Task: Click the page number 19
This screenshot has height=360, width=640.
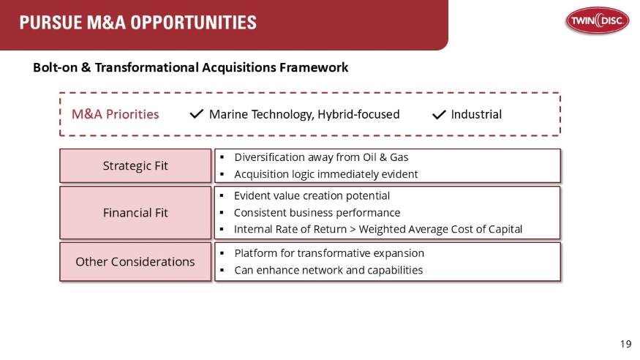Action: pos(625,344)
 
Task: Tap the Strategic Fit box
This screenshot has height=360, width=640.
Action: pos(135,166)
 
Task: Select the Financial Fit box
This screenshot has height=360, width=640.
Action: pos(135,213)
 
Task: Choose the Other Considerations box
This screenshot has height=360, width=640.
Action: pos(135,262)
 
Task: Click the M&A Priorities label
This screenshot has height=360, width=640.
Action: pos(115,114)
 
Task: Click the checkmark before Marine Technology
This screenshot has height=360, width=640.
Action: pos(196,114)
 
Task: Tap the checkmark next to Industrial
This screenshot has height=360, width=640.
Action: pos(439,114)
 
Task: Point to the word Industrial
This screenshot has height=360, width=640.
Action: pos(476,114)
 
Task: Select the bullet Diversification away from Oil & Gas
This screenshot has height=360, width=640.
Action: pos(321,157)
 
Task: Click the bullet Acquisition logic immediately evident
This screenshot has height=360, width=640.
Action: pos(325,174)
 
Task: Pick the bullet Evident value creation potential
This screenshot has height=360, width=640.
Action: pos(312,196)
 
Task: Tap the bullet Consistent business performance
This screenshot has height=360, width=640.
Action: pos(317,213)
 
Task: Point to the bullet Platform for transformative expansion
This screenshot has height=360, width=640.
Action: pos(328,253)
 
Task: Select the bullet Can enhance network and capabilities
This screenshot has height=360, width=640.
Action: pos(328,270)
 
